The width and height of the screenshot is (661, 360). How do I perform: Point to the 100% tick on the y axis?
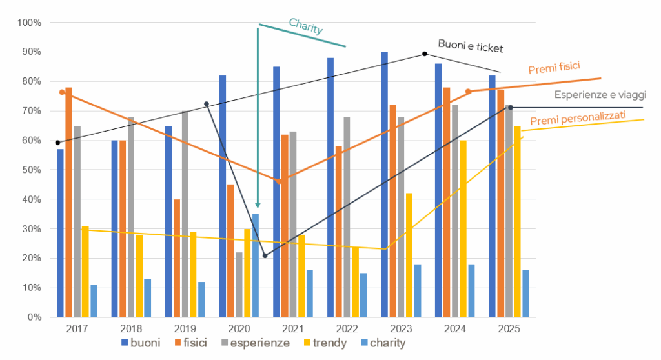(x=30, y=23)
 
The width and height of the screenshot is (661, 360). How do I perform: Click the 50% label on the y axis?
(x=30, y=170)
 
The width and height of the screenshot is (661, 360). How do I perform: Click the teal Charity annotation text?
(x=306, y=26)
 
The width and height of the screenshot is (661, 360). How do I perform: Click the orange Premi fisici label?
(x=554, y=67)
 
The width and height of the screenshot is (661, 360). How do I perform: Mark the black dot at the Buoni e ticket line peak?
(x=424, y=54)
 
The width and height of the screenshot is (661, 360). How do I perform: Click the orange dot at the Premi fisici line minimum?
(x=279, y=181)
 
